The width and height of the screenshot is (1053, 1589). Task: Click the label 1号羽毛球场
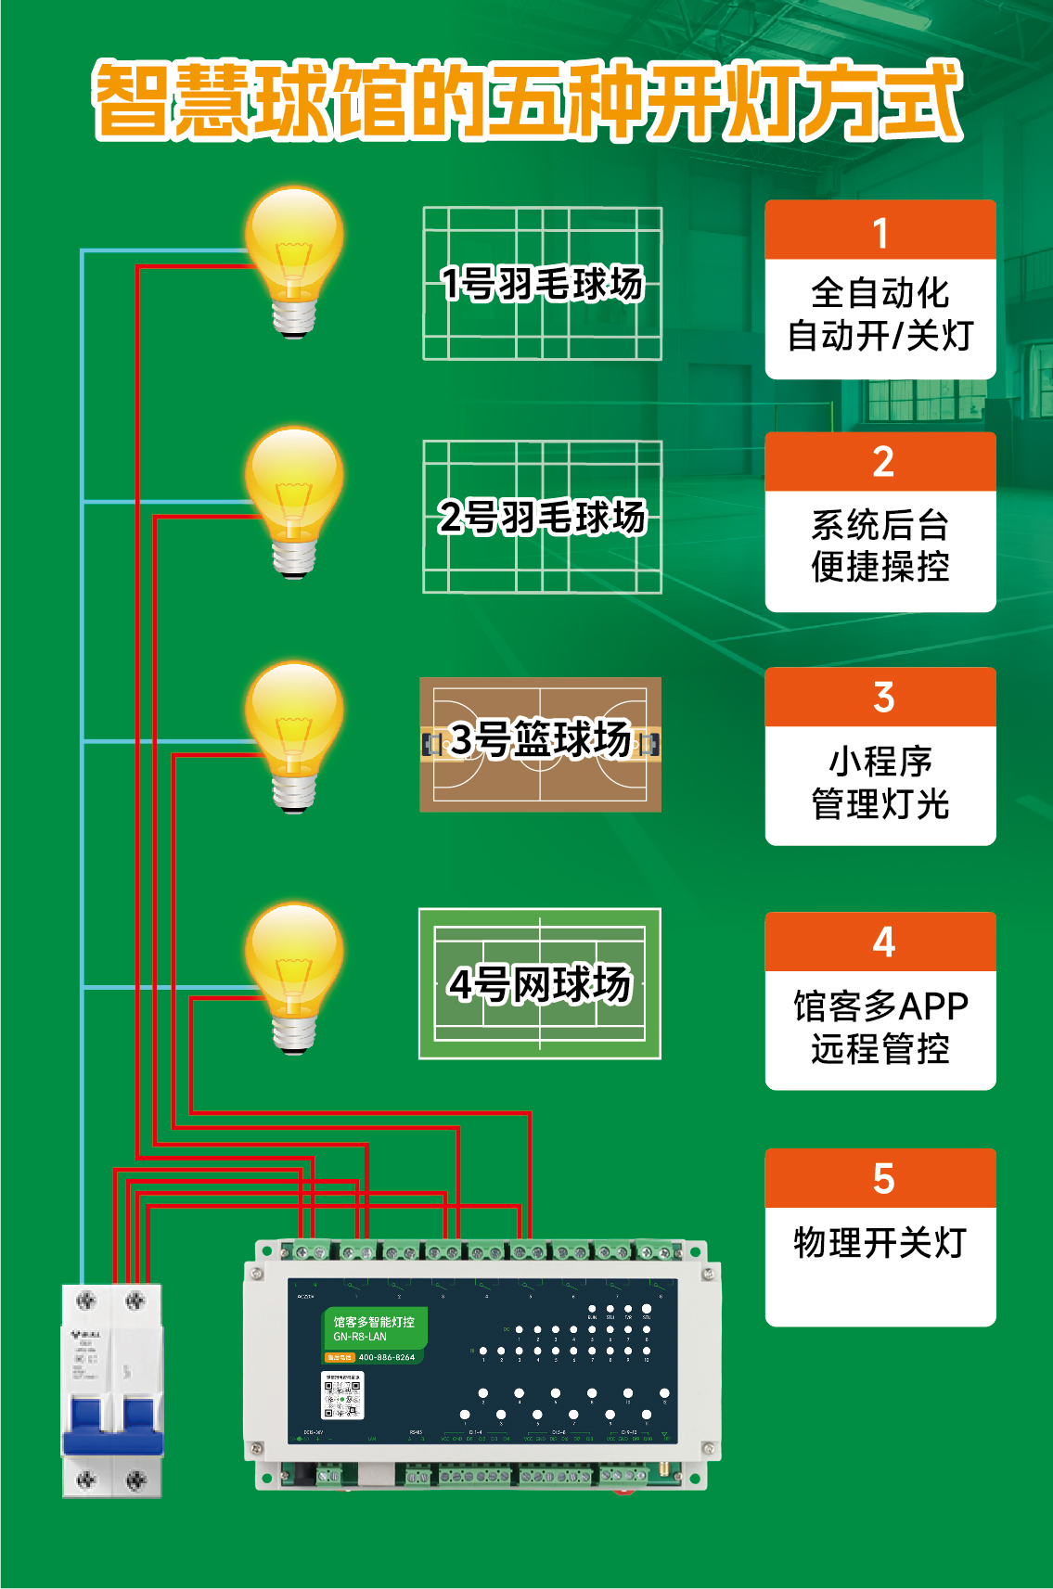[542, 284]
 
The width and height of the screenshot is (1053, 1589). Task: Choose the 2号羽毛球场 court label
[542, 517]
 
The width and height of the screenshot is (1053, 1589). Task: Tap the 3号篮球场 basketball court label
[541, 740]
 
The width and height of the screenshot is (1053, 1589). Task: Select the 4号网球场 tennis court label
[540, 983]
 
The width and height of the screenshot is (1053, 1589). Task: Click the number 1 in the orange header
[880, 233]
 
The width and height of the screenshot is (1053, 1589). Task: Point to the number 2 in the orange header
[882, 462]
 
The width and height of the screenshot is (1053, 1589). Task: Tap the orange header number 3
[883, 698]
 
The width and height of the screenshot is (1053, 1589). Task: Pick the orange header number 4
[883, 942]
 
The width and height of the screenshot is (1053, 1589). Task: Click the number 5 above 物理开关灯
[883, 1179]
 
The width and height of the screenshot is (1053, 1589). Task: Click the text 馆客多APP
[880, 1006]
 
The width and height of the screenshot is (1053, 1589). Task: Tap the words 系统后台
[880, 525]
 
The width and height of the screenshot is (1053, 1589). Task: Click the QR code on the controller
[342, 1397]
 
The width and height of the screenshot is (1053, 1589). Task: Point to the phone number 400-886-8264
[387, 1357]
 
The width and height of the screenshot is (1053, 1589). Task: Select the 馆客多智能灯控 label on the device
[374, 1322]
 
